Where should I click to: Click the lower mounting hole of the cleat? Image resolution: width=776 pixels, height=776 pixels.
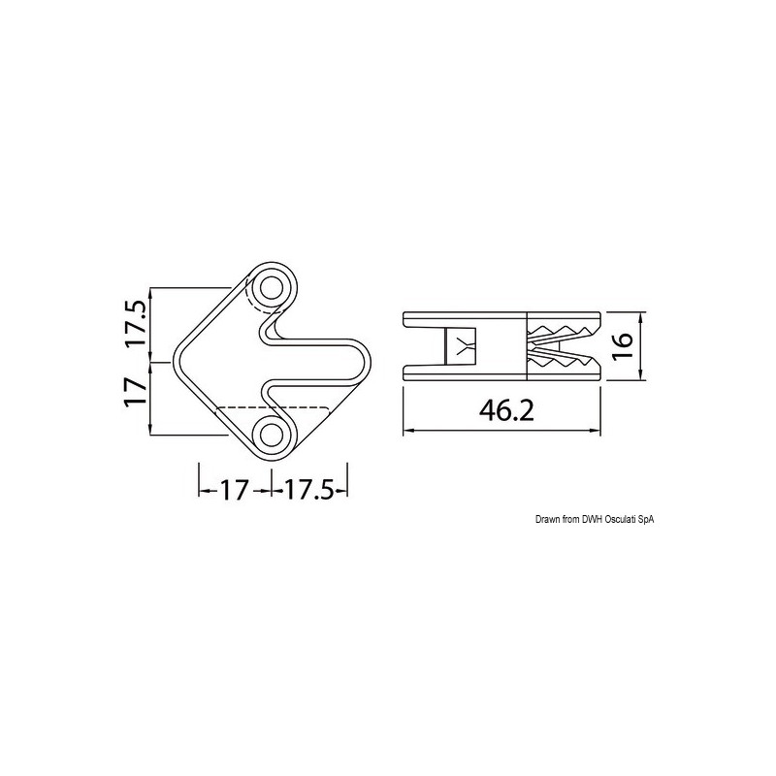pyautogui.click(x=272, y=433)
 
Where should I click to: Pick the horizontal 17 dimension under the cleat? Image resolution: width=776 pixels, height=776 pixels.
pyautogui.click(x=234, y=491)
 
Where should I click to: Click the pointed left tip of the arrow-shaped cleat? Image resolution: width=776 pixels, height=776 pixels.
pyautogui.click(x=175, y=361)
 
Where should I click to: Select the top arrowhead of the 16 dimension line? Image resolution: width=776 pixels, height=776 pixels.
pyautogui.click(x=642, y=316)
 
